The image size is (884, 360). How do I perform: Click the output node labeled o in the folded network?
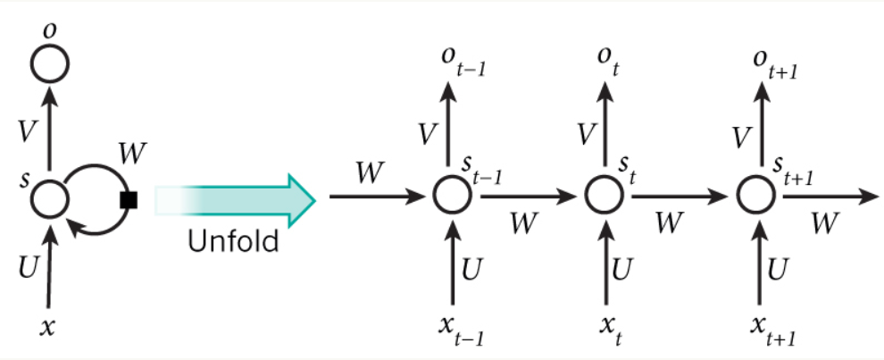point(49,63)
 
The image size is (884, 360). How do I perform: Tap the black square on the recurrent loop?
point(127,198)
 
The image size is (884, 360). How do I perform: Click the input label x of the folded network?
point(48,327)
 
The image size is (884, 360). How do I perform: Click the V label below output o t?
point(585,134)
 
